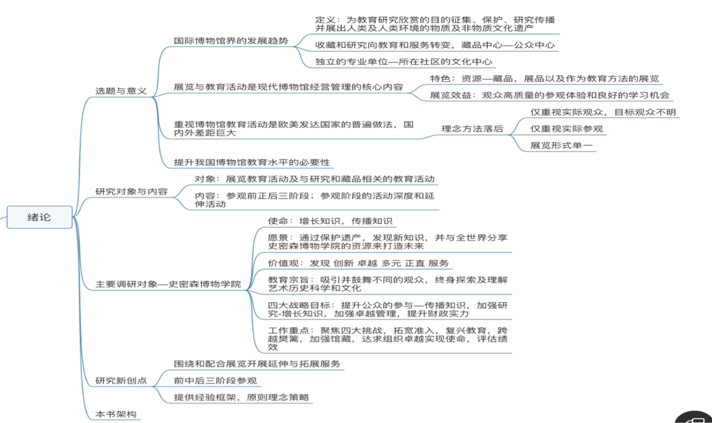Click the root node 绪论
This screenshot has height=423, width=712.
[x=39, y=217]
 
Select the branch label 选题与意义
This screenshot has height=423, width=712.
[x=121, y=91]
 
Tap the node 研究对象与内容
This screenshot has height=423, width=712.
[x=132, y=192]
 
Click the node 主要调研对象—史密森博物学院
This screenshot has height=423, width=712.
[x=168, y=284]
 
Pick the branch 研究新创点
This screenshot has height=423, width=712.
[x=121, y=381]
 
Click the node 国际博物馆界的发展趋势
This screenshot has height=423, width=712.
[x=231, y=41]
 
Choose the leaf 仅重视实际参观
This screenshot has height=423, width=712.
[x=567, y=129]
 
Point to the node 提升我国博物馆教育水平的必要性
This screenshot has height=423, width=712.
[x=252, y=162]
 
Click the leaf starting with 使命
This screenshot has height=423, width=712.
[x=330, y=221]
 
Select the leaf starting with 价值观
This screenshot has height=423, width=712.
[x=358, y=263]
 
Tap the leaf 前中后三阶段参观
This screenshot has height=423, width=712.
[x=216, y=380]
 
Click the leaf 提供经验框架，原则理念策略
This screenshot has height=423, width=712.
[x=243, y=397]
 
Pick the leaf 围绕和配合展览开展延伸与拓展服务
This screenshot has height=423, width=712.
[x=257, y=364]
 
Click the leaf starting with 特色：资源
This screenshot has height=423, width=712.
[x=544, y=79]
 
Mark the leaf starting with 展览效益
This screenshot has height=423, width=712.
[x=549, y=95]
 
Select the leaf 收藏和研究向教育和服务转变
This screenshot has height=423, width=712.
[x=435, y=44]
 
